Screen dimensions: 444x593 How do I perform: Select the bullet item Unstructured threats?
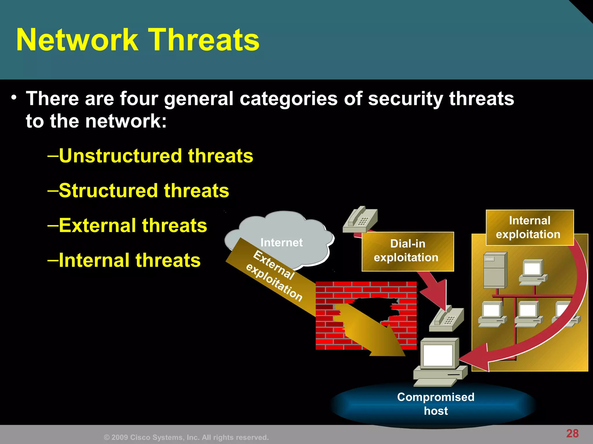tap(156, 156)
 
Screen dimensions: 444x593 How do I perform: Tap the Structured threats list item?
tap(144, 190)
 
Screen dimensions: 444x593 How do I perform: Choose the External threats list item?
tap(133, 225)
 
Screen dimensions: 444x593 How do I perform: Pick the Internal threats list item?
tap(129, 260)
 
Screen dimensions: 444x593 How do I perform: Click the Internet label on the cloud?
tap(281, 242)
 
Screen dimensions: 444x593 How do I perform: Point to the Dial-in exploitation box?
tap(407, 251)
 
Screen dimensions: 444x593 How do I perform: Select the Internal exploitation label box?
tap(529, 227)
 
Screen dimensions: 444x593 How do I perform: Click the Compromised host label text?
tap(435, 404)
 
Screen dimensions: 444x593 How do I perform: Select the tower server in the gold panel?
tap(495, 270)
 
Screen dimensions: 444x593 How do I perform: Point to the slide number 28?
tap(572, 433)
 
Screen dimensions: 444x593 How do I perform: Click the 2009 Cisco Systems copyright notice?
tap(186, 437)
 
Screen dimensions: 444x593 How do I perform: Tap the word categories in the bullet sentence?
tap(288, 99)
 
